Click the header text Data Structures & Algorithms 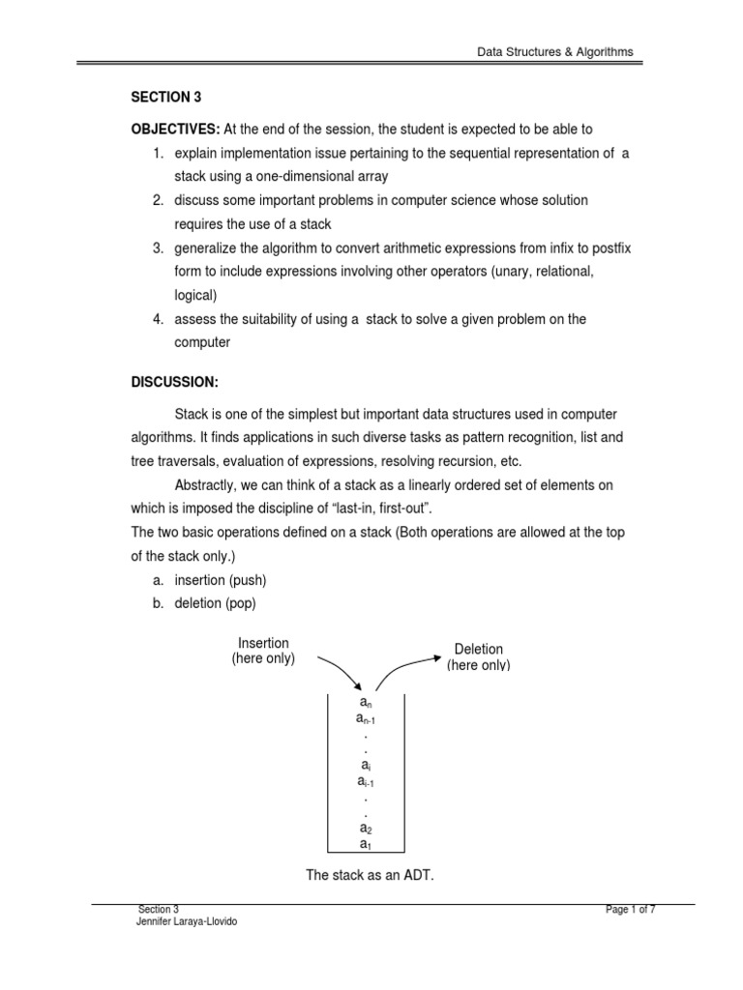[x=555, y=51]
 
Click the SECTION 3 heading [x=165, y=99]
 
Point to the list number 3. [x=158, y=248]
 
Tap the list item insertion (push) [x=221, y=579]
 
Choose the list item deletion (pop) [x=216, y=603]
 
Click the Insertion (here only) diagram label [x=263, y=651]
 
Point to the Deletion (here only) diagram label [x=479, y=657]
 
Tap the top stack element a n [x=366, y=702]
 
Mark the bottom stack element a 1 [x=366, y=844]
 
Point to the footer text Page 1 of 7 [x=630, y=909]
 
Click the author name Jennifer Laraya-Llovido [x=188, y=921]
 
